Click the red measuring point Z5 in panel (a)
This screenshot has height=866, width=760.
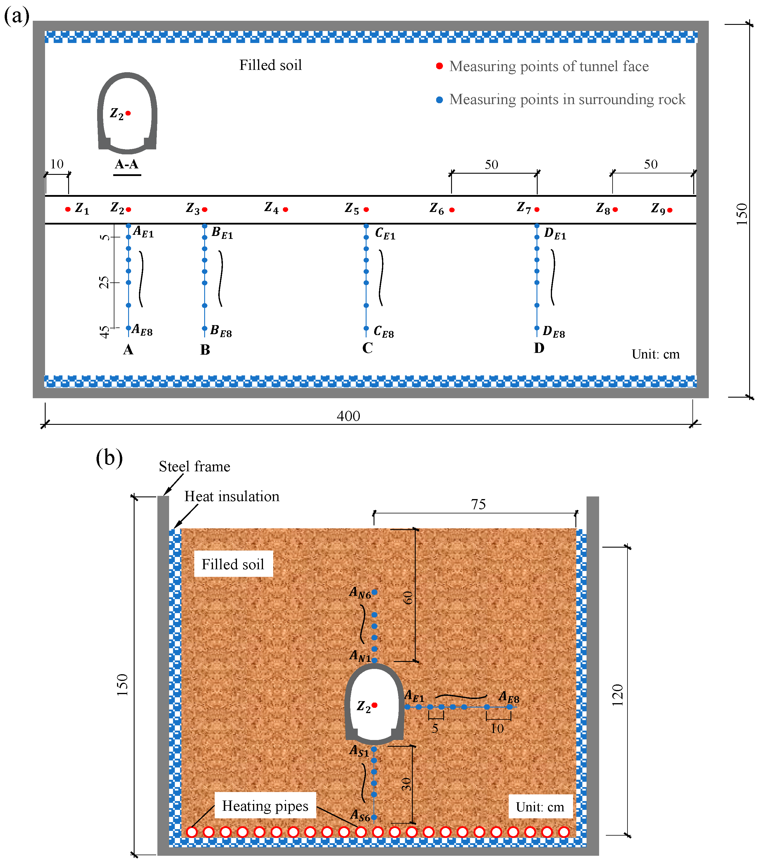click(366, 210)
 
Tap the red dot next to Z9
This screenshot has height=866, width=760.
click(670, 210)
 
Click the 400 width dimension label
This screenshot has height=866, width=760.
click(348, 416)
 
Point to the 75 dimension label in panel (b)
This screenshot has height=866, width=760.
click(478, 504)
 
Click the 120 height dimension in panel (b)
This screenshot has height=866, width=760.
click(618, 695)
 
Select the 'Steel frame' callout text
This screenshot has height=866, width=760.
click(195, 466)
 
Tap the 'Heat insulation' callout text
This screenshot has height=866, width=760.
click(232, 496)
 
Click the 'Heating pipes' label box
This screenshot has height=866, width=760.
click(265, 805)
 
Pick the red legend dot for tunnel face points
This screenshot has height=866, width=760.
click(440, 66)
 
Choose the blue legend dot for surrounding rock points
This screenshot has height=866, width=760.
click(440, 100)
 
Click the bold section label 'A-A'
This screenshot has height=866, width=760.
click(127, 164)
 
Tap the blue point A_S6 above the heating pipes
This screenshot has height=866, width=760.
click(374, 817)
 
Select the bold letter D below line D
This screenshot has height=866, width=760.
click(539, 348)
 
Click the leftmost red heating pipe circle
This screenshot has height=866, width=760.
click(192, 832)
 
